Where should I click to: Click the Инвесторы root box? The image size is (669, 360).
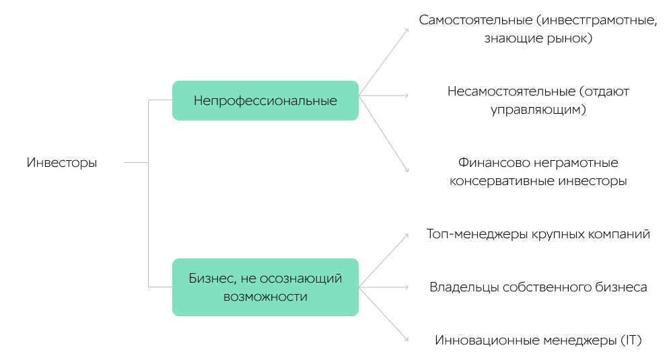62,162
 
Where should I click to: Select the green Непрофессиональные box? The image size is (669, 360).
265,101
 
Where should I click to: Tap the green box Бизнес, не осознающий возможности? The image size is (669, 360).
265,287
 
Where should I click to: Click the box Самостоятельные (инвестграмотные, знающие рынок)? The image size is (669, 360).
538,29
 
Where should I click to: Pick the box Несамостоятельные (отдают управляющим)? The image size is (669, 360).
538,100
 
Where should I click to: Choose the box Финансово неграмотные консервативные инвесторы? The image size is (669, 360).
538,172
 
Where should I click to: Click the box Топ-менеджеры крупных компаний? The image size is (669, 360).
538,234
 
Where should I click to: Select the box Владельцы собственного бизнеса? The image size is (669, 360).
538,287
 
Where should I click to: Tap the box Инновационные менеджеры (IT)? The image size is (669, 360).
538,340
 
